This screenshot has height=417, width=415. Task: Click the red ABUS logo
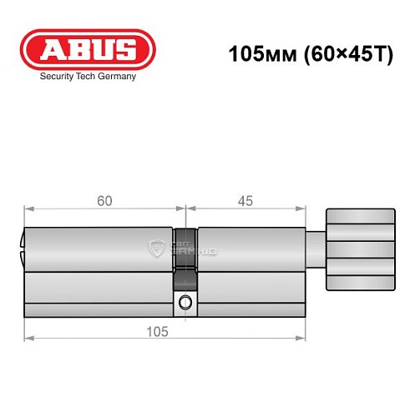coord(88,50)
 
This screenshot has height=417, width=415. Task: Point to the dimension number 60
coord(104,201)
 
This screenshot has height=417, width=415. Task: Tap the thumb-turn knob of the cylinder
coord(358,249)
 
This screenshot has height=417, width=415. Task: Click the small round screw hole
coord(186,302)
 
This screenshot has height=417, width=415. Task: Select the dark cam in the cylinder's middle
coord(186,250)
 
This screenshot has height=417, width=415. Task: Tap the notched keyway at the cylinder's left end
coord(22,249)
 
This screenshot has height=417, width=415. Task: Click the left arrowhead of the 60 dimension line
coord(28,210)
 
